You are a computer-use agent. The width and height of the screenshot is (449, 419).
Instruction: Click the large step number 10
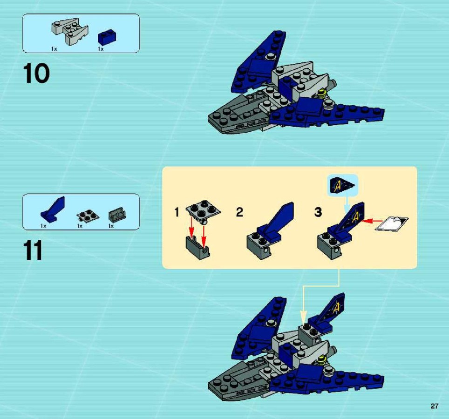36,74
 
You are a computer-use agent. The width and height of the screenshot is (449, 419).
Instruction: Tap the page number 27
434,406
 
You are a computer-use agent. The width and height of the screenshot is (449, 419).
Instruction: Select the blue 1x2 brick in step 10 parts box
107,37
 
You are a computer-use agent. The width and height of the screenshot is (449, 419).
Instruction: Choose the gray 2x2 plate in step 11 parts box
88,216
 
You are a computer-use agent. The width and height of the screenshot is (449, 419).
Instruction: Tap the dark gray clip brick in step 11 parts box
117,215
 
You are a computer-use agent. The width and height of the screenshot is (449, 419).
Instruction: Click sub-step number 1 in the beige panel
177,212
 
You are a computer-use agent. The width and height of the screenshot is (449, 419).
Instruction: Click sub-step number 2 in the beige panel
239,212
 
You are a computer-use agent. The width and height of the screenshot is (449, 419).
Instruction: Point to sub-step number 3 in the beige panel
318,212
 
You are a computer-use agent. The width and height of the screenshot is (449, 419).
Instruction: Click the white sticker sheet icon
392,223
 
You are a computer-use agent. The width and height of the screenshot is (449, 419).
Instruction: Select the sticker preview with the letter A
342,185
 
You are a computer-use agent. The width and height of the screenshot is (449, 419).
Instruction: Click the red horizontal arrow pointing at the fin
372,221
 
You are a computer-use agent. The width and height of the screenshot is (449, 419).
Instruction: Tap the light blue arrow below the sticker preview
347,204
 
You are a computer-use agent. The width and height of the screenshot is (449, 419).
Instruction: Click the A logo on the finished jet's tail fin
336,308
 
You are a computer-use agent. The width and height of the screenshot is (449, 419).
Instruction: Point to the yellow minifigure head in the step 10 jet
322,93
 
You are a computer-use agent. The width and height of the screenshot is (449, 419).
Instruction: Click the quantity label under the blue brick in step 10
101,49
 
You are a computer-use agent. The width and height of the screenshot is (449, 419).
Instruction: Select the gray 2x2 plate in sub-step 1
203,211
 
